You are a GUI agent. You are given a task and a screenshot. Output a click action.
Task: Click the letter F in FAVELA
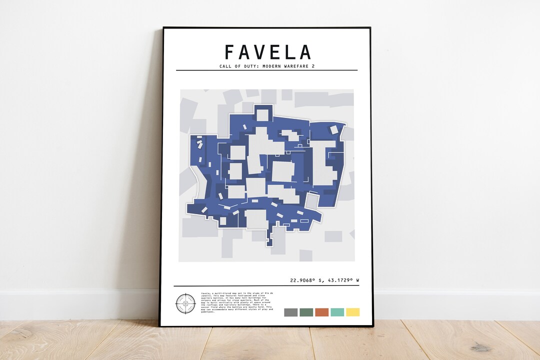(x=230, y=52)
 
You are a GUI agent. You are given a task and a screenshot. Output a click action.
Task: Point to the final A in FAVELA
(x=304, y=52)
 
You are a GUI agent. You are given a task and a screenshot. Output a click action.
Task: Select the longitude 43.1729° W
(x=343, y=280)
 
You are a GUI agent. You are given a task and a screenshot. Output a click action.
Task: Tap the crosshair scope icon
(x=185, y=303)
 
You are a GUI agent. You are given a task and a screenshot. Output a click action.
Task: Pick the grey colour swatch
(x=291, y=312)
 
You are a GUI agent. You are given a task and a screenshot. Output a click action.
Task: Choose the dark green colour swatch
(x=306, y=312)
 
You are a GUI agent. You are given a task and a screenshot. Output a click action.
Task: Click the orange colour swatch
(x=322, y=312)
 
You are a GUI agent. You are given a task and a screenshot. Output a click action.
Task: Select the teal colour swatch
(x=337, y=312)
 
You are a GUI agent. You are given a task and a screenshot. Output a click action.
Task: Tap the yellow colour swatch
(x=353, y=312)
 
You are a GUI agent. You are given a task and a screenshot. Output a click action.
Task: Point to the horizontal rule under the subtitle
(x=266, y=70)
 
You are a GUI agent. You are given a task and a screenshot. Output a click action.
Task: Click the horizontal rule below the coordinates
(x=266, y=286)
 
